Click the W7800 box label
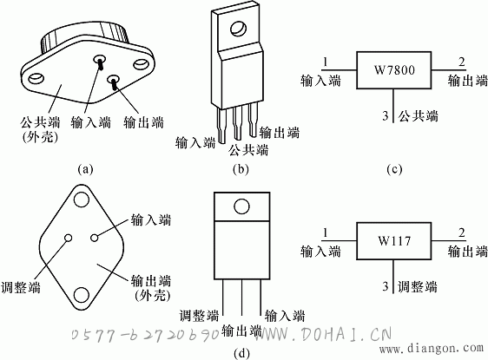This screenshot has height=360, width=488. coord(394,69)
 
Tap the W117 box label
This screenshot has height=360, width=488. coord(394,240)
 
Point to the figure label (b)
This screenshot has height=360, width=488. coord(241,169)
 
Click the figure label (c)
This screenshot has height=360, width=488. coord(394,169)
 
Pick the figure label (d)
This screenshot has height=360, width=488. coord(241,353)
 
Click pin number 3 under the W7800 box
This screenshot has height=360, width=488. coord(386,116)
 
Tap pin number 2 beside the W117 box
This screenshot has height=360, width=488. coord(462,232)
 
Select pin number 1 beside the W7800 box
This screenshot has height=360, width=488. coord(326,62)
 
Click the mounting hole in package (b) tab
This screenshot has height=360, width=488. coord(239,29)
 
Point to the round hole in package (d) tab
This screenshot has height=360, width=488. coord(241,206)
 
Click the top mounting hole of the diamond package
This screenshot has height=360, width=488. coord(82,200)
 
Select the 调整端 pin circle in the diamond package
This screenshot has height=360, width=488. coord(68,238)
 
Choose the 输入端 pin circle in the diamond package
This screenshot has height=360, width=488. coord(95,238)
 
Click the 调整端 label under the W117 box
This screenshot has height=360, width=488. coord(418,286)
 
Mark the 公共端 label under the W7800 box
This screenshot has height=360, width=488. coord(419,116)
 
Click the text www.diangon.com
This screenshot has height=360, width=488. coord(431,348)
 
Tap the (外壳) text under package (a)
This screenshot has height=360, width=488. coord(40,137)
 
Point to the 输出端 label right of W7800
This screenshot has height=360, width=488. coord(468,81)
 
